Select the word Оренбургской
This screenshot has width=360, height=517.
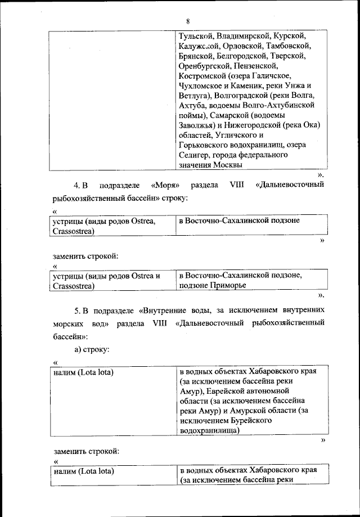(x=202, y=66)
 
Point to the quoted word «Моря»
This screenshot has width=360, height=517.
(x=165, y=185)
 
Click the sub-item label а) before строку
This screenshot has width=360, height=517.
(x=78, y=350)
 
